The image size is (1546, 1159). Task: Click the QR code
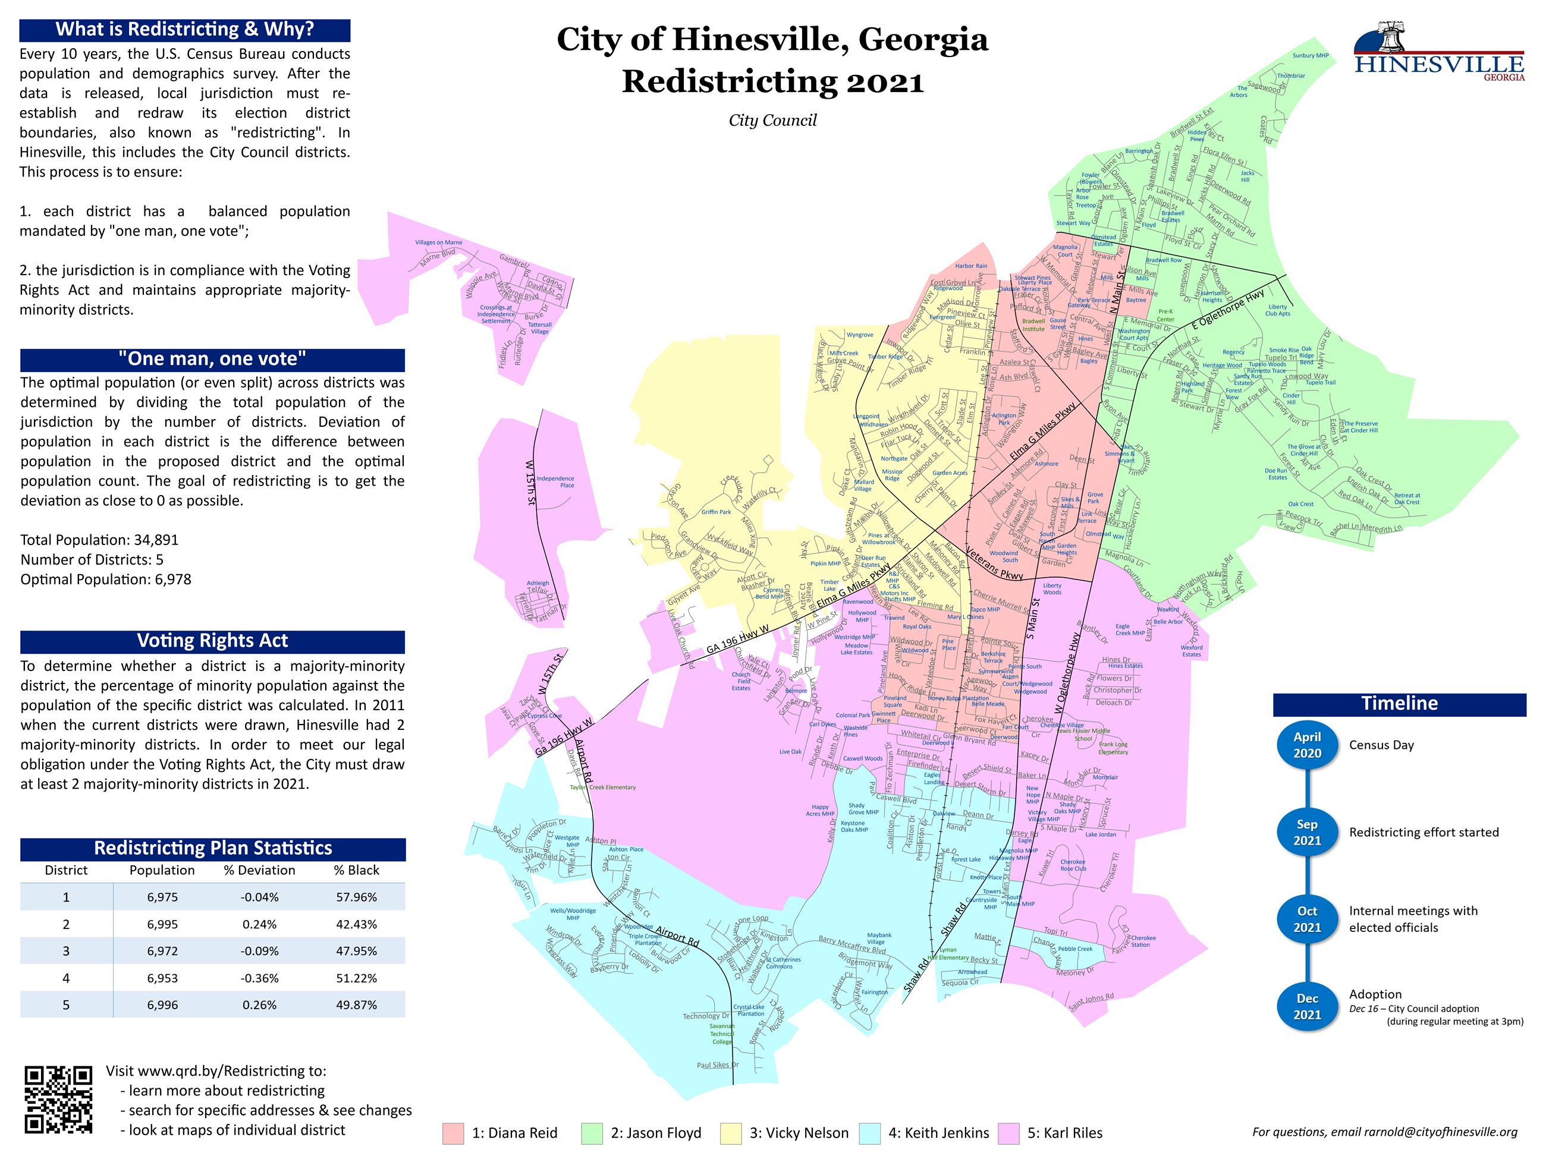click(x=58, y=1099)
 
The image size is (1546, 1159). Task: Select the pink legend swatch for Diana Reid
click(x=453, y=1133)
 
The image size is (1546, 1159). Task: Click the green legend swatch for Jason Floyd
click(x=591, y=1133)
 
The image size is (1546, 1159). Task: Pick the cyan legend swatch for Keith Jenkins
click(x=869, y=1133)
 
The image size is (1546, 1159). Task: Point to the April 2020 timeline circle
click(x=1306, y=745)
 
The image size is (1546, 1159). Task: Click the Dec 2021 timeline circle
click(x=1306, y=1007)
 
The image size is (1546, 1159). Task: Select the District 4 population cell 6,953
click(x=162, y=978)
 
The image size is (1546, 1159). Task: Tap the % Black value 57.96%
click(x=356, y=897)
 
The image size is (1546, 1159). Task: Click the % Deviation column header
click(x=259, y=870)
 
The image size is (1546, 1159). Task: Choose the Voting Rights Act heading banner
click(x=212, y=641)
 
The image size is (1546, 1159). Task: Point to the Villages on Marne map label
click(x=438, y=242)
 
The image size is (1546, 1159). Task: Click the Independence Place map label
click(x=555, y=481)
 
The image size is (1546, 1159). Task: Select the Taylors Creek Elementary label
click(x=602, y=788)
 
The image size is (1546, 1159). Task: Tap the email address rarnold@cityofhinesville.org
click(x=1441, y=1132)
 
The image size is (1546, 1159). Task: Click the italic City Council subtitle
click(x=772, y=121)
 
